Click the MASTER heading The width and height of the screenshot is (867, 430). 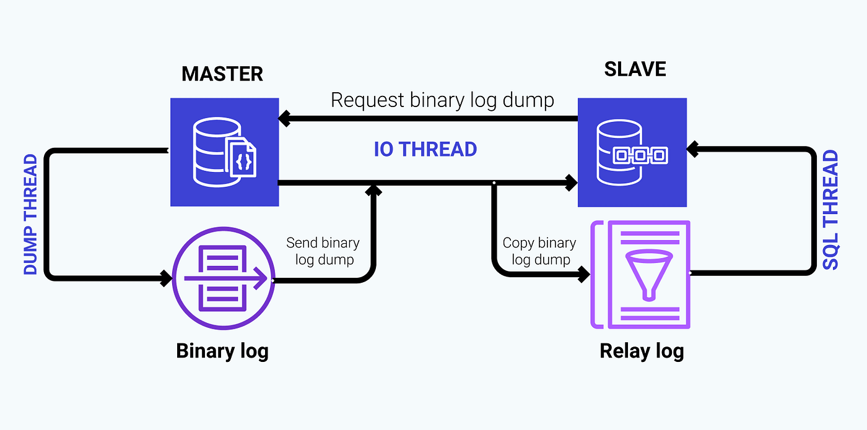222,74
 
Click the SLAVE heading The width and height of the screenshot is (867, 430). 635,69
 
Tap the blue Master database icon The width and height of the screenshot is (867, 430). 224,152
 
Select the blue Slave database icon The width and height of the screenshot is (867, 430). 632,152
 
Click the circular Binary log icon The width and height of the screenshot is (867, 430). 223,278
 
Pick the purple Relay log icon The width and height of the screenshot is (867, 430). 641,274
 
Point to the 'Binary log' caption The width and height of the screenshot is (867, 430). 222,351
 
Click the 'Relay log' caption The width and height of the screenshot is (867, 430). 642,351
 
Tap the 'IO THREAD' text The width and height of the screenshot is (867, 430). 425,149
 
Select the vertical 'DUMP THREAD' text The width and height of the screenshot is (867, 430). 30,215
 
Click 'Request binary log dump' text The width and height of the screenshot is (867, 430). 442,100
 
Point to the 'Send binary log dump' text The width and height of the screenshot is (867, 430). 323,251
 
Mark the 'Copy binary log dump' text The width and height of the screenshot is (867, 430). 539,251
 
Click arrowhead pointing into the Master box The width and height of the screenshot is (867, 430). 284,116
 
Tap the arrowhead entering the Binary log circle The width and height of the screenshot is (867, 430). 166,278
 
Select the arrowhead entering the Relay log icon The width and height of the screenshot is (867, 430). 583,274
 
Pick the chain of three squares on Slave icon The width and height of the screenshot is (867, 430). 639,155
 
